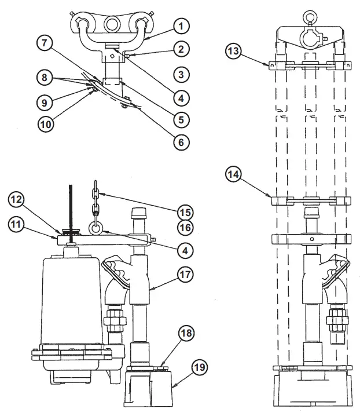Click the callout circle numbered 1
click(181, 27)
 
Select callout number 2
click(181, 50)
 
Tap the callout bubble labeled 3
click(181, 74)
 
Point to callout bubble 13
click(233, 52)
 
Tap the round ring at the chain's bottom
click(95, 227)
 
